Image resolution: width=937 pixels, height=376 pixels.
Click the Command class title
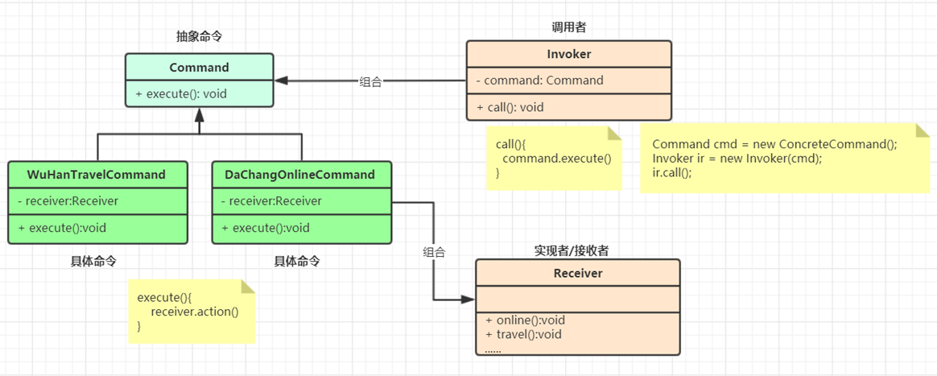tap(199, 68)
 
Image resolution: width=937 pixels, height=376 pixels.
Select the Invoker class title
tap(569, 54)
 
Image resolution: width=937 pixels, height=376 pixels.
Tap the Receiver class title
tap(578, 274)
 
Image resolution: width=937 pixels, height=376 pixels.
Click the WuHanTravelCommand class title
tap(97, 175)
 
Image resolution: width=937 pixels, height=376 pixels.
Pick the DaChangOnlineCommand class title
tap(300, 175)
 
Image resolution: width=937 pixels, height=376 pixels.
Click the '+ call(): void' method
tap(510, 108)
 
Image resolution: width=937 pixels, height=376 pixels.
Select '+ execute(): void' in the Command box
tap(180, 93)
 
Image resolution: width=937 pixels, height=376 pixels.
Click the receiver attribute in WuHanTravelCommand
tap(68, 200)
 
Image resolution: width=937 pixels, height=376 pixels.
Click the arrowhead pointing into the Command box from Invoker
tap(282, 80)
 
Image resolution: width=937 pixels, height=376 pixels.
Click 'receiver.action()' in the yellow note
tap(195, 312)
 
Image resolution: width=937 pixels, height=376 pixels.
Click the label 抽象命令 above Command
tap(199, 36)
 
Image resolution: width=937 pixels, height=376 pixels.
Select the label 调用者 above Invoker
tap(569, 27)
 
